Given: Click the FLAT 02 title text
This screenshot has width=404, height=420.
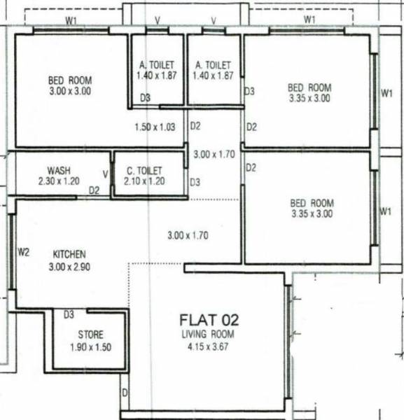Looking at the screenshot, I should tap(210, 321).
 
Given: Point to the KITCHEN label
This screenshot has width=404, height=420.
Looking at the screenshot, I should tap(69, 254).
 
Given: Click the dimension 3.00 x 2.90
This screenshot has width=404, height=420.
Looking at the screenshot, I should tap(69, 266).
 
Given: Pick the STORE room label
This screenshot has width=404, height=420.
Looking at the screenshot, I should tap(91, 334).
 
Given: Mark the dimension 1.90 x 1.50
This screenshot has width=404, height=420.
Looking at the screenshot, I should tap(91, 346).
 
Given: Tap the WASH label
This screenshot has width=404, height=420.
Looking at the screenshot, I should tap(58, 170).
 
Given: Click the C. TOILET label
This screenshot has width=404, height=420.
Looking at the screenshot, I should tap(144, 170).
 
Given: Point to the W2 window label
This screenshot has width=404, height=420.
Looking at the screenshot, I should tap(23, 251).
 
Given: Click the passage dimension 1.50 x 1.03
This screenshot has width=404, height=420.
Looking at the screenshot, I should tap(155, 127).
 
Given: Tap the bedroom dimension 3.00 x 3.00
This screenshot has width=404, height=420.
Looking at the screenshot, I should tap(69, 91).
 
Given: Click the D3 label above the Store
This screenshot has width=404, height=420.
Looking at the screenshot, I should tap(69, 314).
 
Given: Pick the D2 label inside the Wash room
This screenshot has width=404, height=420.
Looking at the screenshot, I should tap(95, 190).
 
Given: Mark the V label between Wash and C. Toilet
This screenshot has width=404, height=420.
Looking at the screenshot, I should tap(106, 174).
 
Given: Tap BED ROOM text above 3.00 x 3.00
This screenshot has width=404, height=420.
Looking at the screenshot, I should tap(69, 80).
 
